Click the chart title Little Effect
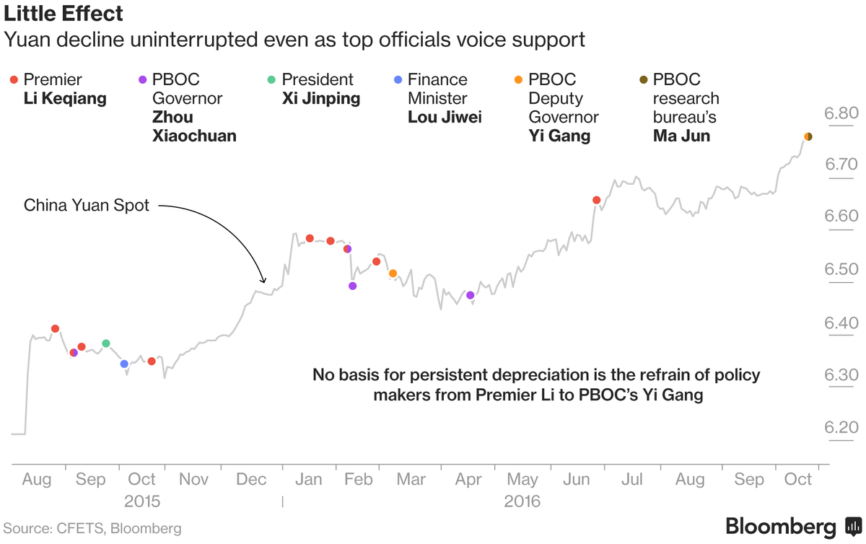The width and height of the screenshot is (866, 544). click(x=64, y=13)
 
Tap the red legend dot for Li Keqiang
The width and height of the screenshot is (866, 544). click(x=14, y=80)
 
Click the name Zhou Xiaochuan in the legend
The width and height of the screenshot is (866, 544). click(x=194, y=126)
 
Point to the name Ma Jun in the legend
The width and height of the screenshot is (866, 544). click(x=681, y=136)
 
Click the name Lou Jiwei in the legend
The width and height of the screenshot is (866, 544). click(x=445, y=118)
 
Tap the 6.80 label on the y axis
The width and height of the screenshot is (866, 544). click(x=841, y=113)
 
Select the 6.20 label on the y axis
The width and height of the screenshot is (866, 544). click(x=841, y=426)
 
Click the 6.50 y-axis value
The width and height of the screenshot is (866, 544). click(x=841, y=270)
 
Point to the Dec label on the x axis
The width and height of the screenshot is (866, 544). click(x=251, y=480)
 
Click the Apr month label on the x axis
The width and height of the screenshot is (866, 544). click(x=468, y=480)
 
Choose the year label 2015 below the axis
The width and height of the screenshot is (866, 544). click(x=142, y=501)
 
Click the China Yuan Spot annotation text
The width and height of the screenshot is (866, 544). click(x=87, y=206)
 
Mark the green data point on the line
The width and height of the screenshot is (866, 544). click(x=106, y=343)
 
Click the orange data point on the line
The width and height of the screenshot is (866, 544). click(x=393, y=273)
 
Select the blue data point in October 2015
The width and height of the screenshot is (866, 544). click(x=124, y=364)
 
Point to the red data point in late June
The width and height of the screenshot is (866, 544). click(x=597, y=200)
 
